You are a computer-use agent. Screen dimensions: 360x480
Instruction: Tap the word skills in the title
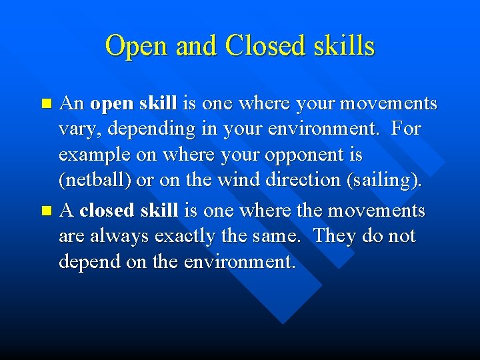[344, 47]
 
